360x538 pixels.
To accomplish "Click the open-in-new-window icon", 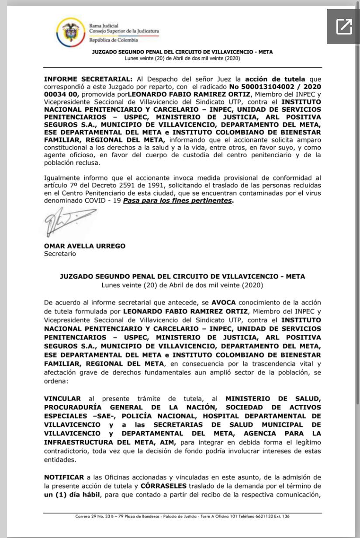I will tap(344, 27).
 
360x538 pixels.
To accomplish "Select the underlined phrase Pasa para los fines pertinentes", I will tap(177, 200).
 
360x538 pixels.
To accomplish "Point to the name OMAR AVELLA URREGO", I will tap(84, 246).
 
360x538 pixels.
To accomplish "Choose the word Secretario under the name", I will tap(60, 254).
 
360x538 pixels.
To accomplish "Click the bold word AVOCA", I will tap(223, 302).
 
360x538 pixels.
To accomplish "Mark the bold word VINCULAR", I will tap(62, 398).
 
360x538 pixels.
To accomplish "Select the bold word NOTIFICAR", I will tap(64, 477).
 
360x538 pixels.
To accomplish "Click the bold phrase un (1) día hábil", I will tap(72, 494).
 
